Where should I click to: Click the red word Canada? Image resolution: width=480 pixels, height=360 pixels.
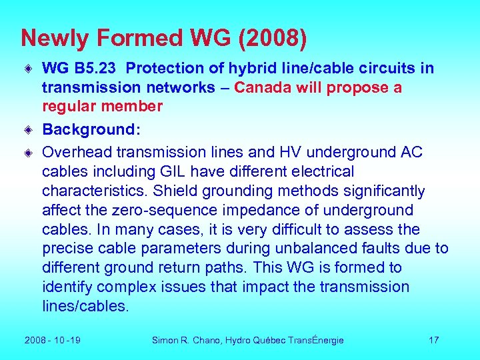(262, 88)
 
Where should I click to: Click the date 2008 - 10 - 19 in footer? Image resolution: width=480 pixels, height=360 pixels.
(53, 340)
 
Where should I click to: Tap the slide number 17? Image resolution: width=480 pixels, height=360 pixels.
(434, 340)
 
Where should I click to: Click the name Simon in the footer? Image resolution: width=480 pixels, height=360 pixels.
(165, 340)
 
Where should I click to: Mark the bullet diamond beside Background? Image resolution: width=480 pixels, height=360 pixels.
(29, 129)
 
